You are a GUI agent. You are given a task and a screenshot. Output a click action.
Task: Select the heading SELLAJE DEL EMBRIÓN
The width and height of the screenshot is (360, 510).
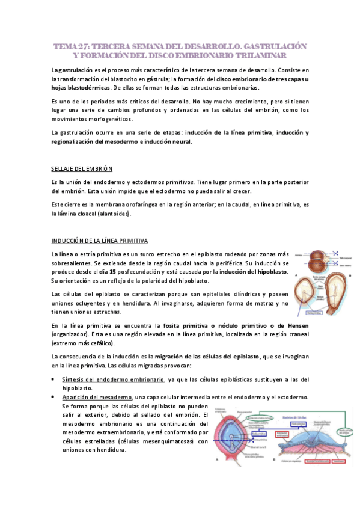[x=82, y=168]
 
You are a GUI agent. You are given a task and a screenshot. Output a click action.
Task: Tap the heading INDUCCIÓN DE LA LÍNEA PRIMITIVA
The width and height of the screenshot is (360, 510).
[x=99, y=241]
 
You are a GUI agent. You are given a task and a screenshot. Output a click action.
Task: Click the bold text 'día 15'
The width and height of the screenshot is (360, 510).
[x=126, y=272]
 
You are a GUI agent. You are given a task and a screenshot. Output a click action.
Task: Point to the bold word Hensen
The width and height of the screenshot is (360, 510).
[x=294, y=325]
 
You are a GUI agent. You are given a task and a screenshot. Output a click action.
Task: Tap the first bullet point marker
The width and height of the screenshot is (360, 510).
[x=54, y=379]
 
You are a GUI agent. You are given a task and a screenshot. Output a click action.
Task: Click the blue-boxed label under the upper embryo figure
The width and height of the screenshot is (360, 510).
[x=313, y=313]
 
